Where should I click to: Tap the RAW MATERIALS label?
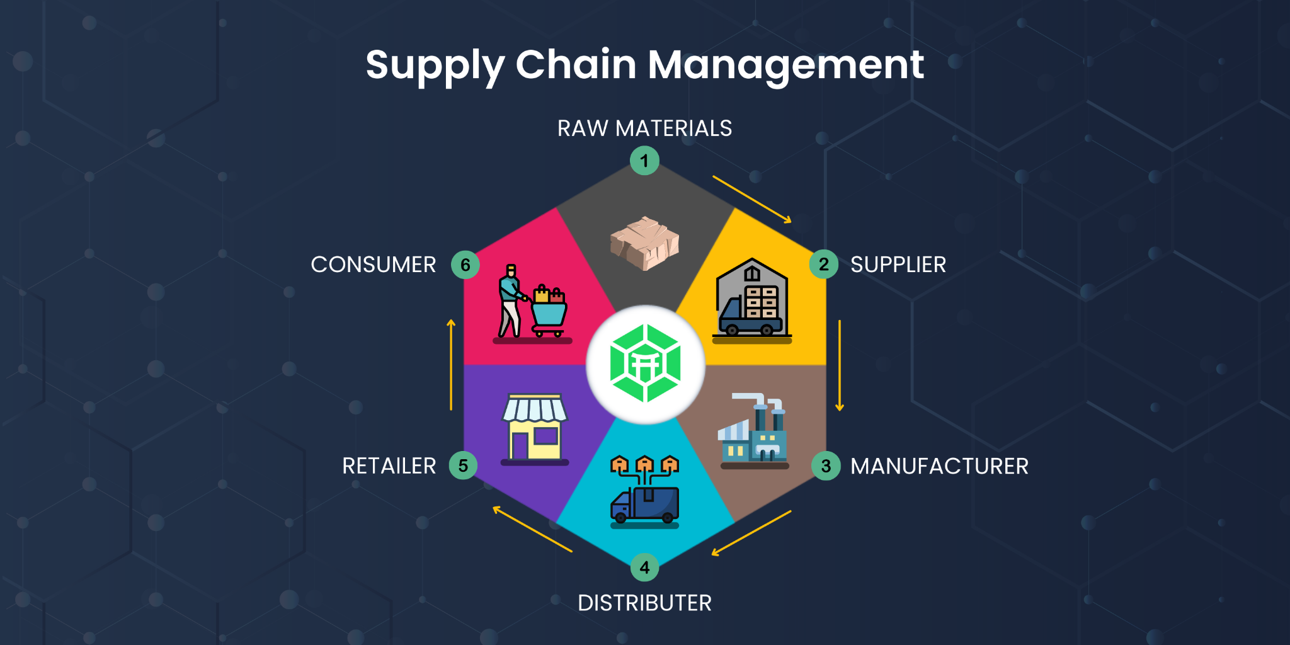click(x=644, y=128)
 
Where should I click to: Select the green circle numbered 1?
click(x=644, y=161)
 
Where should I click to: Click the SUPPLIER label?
click(x=898, y=265)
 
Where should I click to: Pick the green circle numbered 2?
click(x=823, y=265)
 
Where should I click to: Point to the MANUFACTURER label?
click(x=939, y=466)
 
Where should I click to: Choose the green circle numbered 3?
click(x=826, y=466)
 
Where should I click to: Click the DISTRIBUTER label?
click(x=644, y=603)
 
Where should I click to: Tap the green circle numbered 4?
click(x=644, y=568)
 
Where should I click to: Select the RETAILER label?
click(x=389, y=466)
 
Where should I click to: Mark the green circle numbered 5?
click(x=463, y=466)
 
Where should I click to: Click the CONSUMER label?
click(x=373, y=265)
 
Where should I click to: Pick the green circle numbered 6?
click(x=465, y=265)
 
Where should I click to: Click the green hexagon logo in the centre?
click(x=645, y=364)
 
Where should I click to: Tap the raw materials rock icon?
click(x=644, y=243)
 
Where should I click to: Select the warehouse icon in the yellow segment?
click(x=752, y=299)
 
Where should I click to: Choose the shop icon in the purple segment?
click(x=535, y=428)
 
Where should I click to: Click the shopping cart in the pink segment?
click(x=549, y=311)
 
